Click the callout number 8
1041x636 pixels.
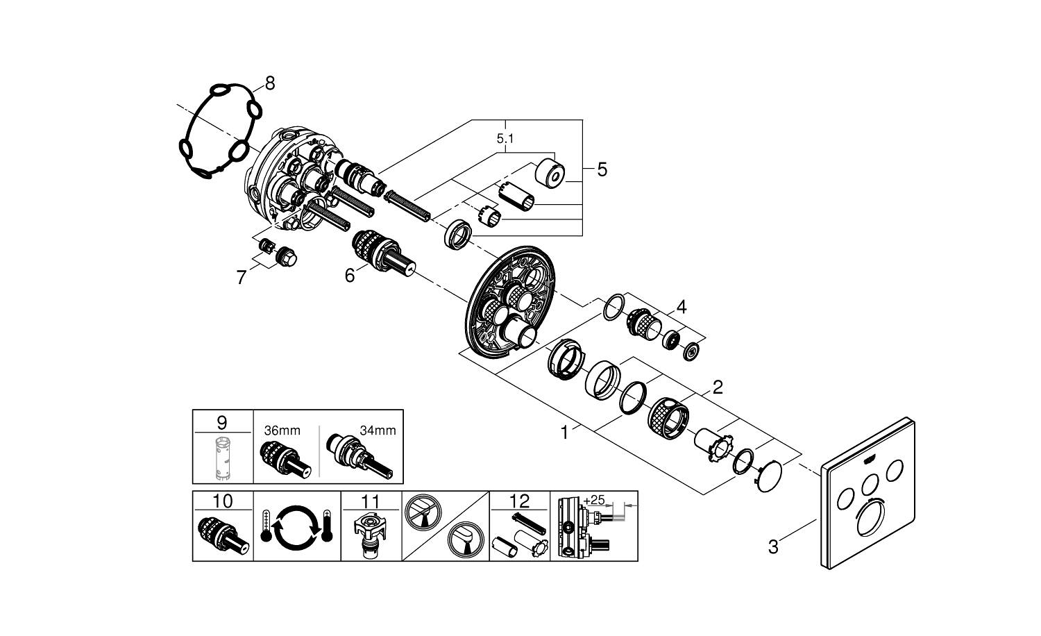click(x=270, y=83)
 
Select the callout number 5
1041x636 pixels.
click(x=602, y=169)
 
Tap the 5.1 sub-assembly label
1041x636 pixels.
click(x=505, y=139)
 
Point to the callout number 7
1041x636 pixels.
click(x=241, y=278)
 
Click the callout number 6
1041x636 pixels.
click(x=350, y=276)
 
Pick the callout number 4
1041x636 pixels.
click(x=682, y=306)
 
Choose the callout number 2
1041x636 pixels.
click(x=718, y=387)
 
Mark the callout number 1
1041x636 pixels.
click(x=565, y=433)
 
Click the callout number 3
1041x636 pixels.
click(x=773, y=546)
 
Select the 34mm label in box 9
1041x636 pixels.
click(x=378, y=430)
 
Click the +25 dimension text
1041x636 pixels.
click(x=594, y=500)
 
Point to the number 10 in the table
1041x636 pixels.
click(x=222, y=501)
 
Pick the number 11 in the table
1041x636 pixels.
click(x=371, y=501)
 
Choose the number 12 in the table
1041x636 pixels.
click(x=519, y=501)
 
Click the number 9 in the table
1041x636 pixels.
click(x=221, y=421)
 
